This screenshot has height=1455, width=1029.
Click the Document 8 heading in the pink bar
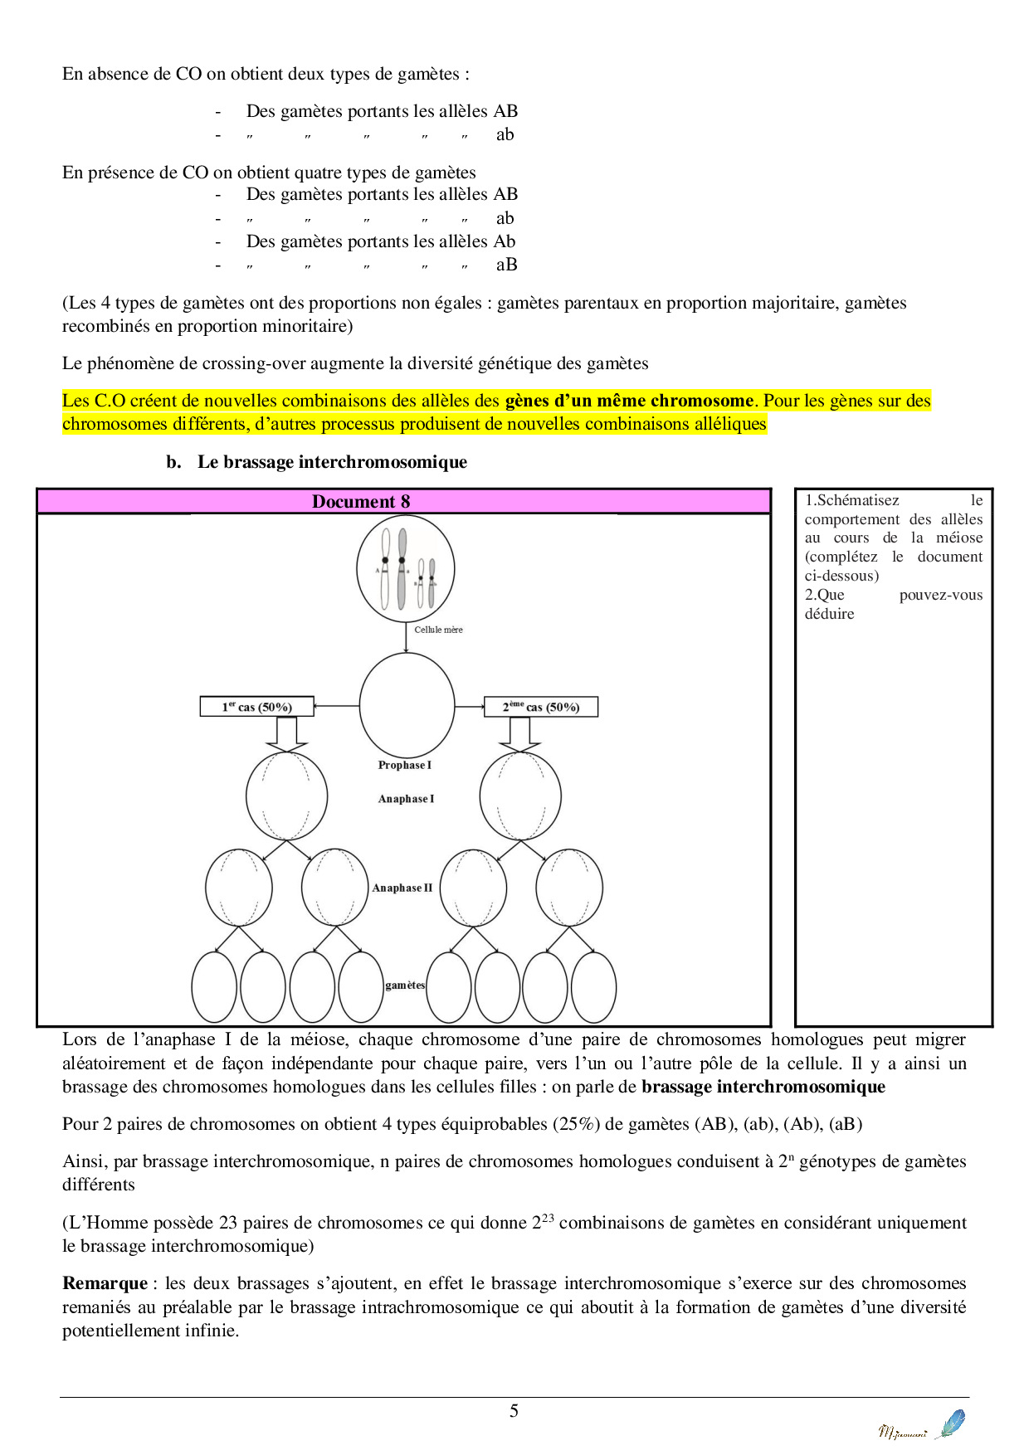click(361, 501)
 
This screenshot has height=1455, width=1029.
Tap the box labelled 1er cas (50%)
click(256, 707)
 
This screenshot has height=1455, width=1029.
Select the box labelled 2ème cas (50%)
click(540, 707)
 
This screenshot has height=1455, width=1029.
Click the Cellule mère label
click(438, 630)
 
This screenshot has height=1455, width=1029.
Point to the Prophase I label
click(405, 765)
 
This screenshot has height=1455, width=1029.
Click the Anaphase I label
click(406, 799)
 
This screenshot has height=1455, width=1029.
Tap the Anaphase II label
click(402, 888)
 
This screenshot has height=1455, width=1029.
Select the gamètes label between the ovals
click(405, 985)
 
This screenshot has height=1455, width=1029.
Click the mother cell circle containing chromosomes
click(405, 569)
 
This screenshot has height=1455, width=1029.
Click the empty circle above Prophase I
click(407, 705)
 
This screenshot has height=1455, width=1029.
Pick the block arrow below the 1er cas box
click(285, 733)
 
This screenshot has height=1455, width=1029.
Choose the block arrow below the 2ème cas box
click(519, 733)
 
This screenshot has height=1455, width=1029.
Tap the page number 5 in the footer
click(514, 1411)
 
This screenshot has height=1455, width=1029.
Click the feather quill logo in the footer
click(951, 1423)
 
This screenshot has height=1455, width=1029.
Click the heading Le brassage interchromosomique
click(332, 462)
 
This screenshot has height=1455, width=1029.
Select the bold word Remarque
click(105, 1283)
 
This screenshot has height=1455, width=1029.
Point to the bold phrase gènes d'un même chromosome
click(629, 401)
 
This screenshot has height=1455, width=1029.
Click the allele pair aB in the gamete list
click(506, 265)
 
